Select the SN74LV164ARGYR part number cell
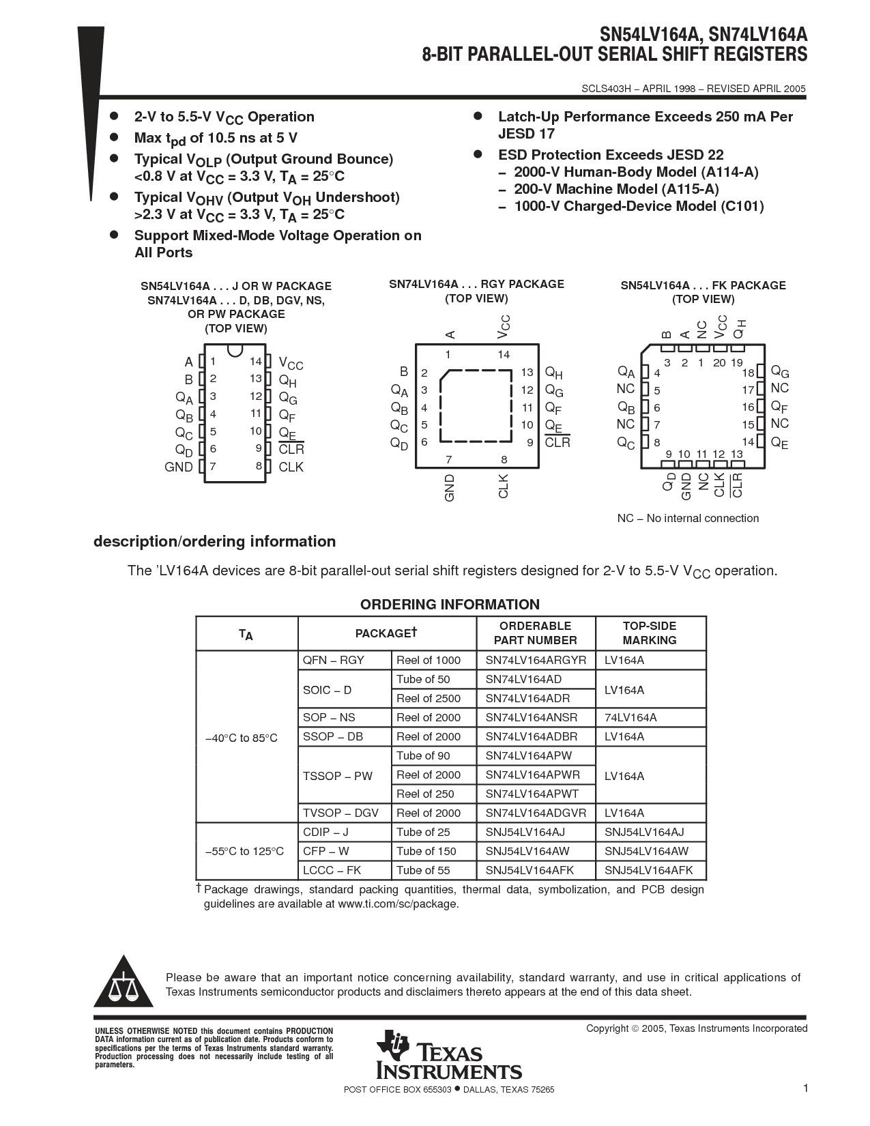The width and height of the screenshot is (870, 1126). click(x=536, y=660)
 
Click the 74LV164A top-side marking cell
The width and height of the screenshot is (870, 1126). click(x=630, y=717)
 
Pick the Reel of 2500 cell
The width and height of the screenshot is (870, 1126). click(x=429, y=698)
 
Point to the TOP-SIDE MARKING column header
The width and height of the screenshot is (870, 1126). click(x=650, y=633)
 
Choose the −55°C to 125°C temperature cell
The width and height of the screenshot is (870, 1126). click(x=244, y=851)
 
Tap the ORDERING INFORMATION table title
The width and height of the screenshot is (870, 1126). click(x=450, y=605)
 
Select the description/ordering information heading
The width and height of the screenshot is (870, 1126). click(x=214, y=542)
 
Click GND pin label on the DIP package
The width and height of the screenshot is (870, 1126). click(x=179, y=467)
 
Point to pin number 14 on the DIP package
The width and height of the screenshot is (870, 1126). click(x=255, y=362)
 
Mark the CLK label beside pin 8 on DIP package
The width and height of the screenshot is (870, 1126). click(x=291, y=467)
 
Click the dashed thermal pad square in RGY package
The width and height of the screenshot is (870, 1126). click(x=476, y=407)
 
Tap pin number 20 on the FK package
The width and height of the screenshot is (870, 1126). click(x=719, y=363)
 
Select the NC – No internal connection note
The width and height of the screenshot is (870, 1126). click(x=688, y=519)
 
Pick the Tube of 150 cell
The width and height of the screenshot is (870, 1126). click(x=426, y=851)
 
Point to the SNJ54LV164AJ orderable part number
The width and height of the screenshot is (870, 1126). click(x=525, y=832)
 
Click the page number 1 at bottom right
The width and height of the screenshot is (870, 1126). click(x=806, y=1088)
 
